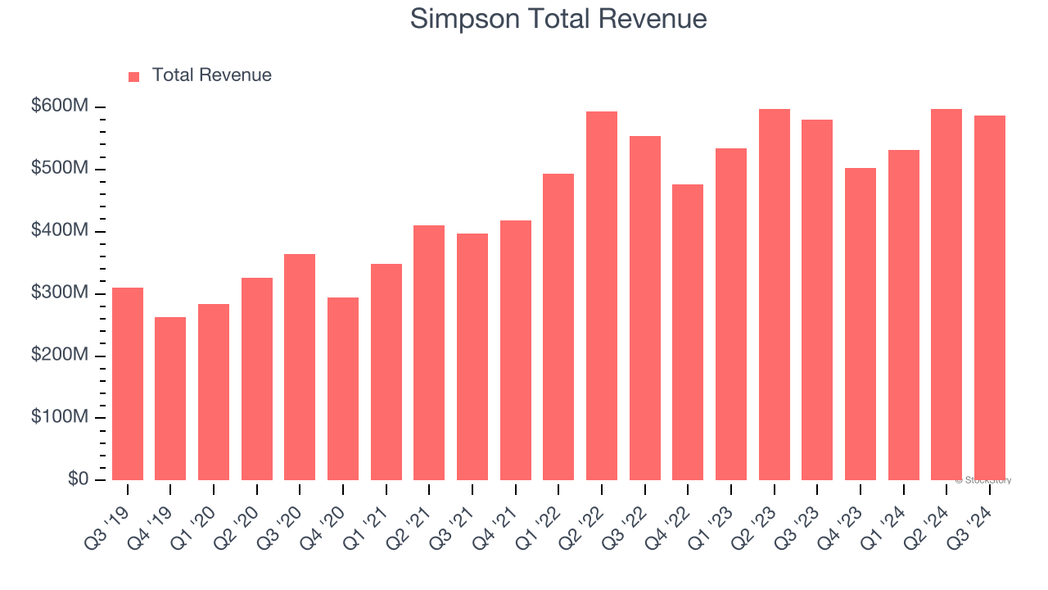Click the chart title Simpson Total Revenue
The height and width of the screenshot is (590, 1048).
coord(558,18)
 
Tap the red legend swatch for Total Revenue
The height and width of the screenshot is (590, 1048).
coord(134,76)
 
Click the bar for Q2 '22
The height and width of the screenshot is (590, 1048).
coord(602,296)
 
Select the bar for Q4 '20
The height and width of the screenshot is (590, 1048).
coord(343,388)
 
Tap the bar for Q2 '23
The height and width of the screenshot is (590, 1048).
coord(774,294)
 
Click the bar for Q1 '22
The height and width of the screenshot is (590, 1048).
coord(558,327)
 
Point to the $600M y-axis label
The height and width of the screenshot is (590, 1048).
coord(61,107)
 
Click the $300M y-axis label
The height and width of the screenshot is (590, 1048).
coord(61,293)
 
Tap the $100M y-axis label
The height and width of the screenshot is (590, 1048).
coord(61,417)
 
